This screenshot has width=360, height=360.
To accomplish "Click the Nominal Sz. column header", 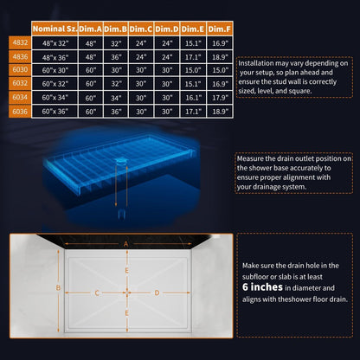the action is click(55, 29).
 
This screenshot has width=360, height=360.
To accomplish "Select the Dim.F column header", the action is click(220, 29).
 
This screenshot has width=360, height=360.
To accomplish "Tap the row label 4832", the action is click(20, 42).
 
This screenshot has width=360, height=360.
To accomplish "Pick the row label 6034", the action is click(20, 98).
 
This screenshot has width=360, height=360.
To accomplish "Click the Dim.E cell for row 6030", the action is click(193, 70).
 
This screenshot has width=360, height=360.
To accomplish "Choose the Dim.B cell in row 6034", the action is click(116, 98).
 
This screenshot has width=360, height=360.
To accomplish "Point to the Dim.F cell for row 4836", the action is click(220, 57).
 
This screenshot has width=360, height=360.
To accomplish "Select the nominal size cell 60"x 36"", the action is click(55, 112).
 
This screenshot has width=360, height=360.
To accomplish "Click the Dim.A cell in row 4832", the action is click(91, 43).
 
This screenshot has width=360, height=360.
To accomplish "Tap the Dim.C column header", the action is click(141, 29).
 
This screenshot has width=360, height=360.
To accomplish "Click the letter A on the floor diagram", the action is click(126, 244).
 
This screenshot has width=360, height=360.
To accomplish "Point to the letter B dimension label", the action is click(58, 287).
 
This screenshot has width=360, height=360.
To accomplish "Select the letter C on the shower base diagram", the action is click(97, 293).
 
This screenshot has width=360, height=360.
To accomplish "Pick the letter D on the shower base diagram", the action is click(157, 293).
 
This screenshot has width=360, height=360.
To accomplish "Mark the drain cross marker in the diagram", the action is click(127, 292).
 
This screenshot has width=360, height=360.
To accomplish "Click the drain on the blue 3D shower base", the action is click(121, 160).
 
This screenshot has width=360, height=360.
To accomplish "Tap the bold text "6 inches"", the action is click(262, 287).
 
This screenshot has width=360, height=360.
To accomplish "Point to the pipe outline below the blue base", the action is click(121, 215).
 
